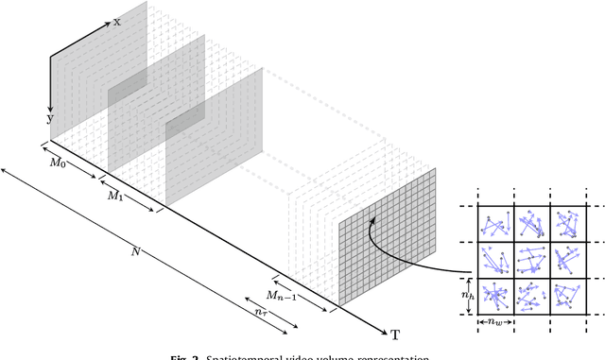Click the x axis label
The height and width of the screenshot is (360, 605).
click(117, 21)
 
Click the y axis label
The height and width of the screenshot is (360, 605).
click(50, 119)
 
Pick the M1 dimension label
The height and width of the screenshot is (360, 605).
click(115, 197)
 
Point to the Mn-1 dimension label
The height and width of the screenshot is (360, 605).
click(285, 293)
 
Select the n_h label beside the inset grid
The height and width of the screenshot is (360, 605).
click(466, 294)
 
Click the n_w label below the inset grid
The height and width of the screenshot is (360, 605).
click(494, 323)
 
